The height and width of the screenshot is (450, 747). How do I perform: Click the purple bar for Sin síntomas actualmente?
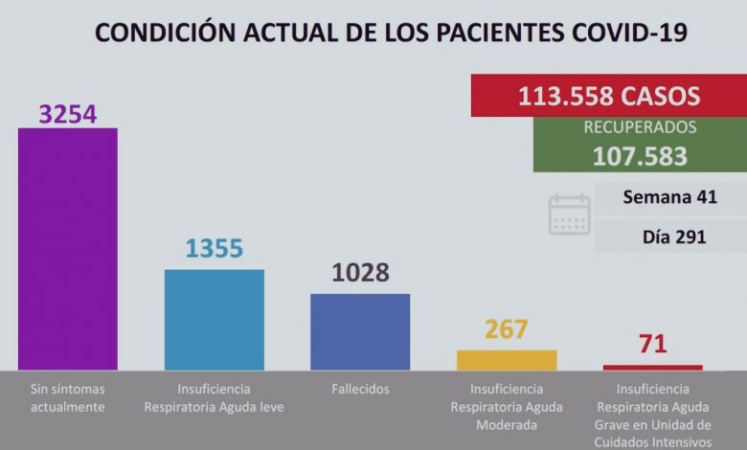click(68, 248)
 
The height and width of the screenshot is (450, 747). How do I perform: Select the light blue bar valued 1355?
click(215, 319)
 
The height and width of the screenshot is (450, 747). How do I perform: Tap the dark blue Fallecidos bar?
click(360, 331)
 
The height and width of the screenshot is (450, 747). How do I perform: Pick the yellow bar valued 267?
click(507, 360)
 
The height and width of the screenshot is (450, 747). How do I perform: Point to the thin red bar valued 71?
click(652, 367)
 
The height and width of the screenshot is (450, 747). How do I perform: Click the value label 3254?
click(68, 113)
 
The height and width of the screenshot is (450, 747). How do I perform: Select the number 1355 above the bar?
click(215, 249)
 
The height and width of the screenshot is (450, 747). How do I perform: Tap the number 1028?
click(360, 273)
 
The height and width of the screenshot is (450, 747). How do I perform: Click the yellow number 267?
click(507, 329)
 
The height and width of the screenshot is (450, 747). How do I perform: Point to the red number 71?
click(653, 344)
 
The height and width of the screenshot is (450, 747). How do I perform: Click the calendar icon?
click(570, 214)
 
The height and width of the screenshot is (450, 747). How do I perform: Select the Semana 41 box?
click(669, 198)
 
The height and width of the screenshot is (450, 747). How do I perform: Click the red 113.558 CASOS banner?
click(608, 96)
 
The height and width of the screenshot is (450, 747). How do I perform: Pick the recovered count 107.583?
click(640, 155)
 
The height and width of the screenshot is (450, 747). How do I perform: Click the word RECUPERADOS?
click(640, 127)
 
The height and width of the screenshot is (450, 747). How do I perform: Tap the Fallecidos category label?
click(360, 390)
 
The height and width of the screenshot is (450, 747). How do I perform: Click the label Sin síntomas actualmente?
click(68, 397)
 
